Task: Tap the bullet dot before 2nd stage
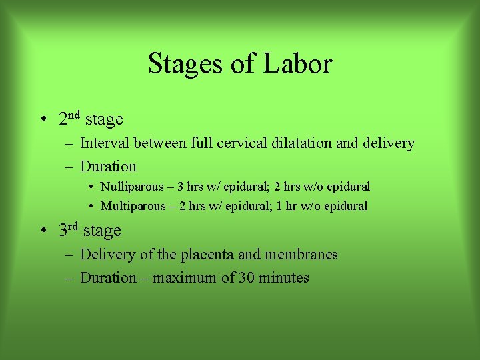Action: click(x=42, y=121)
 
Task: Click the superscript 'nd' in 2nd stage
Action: click(x=74, y=115)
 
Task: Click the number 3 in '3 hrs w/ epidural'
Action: click(x=181, y=187)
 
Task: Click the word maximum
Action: click(x=185, y=278)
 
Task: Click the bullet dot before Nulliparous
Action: click(x=90, y=187)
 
